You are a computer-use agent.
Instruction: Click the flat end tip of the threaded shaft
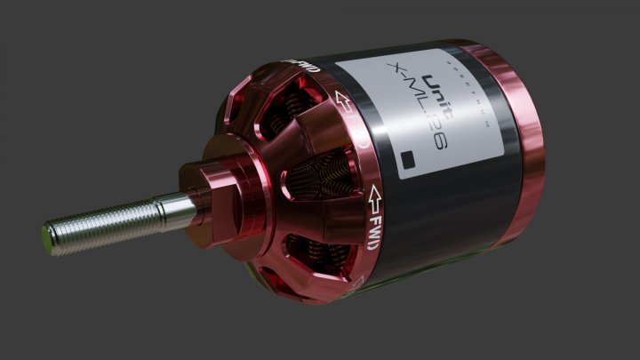[48, 237]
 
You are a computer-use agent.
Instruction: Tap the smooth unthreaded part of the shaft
[174, 208]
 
